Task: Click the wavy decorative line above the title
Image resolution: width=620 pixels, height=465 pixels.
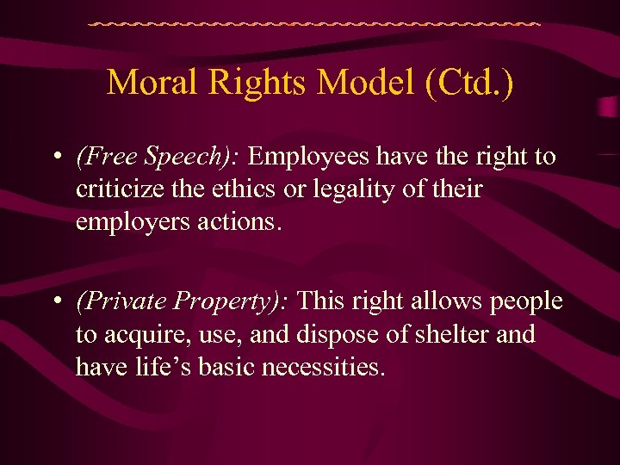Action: click(x=314, y=23)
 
